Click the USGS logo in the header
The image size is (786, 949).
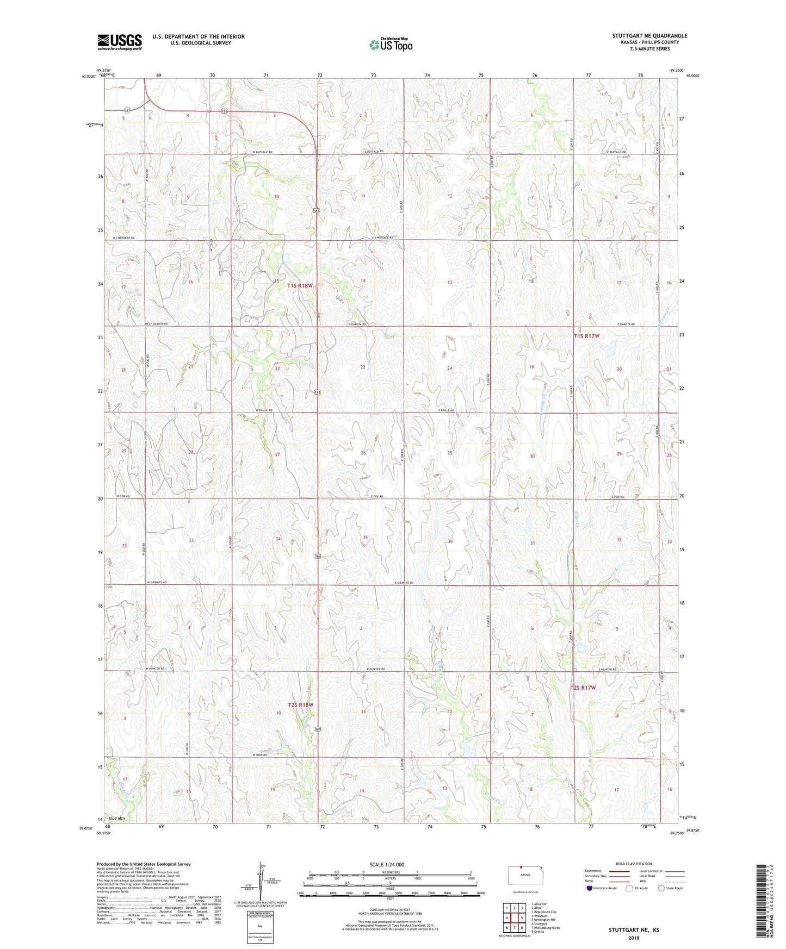(x=119, y=42)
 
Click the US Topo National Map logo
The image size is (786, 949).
(x=391, y=44)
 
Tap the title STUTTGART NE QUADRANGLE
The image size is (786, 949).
(x=649, y=36)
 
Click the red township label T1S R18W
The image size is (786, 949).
(x=300, y=285)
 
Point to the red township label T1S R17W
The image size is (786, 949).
(x=586, y=336)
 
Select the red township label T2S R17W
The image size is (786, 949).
(x=583, y=688)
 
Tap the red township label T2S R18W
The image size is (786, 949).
(x=301, y=705)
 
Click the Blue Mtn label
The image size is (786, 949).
(x=116, y=819)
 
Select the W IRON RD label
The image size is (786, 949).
(x=262, y=755)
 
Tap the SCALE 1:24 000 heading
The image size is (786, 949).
(x=387, y=864)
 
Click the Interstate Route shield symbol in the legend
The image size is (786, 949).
(x=590, y=889)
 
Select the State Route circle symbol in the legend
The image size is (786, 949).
(x=661, y=889)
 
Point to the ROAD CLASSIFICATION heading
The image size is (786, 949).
(x=634, y=864)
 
